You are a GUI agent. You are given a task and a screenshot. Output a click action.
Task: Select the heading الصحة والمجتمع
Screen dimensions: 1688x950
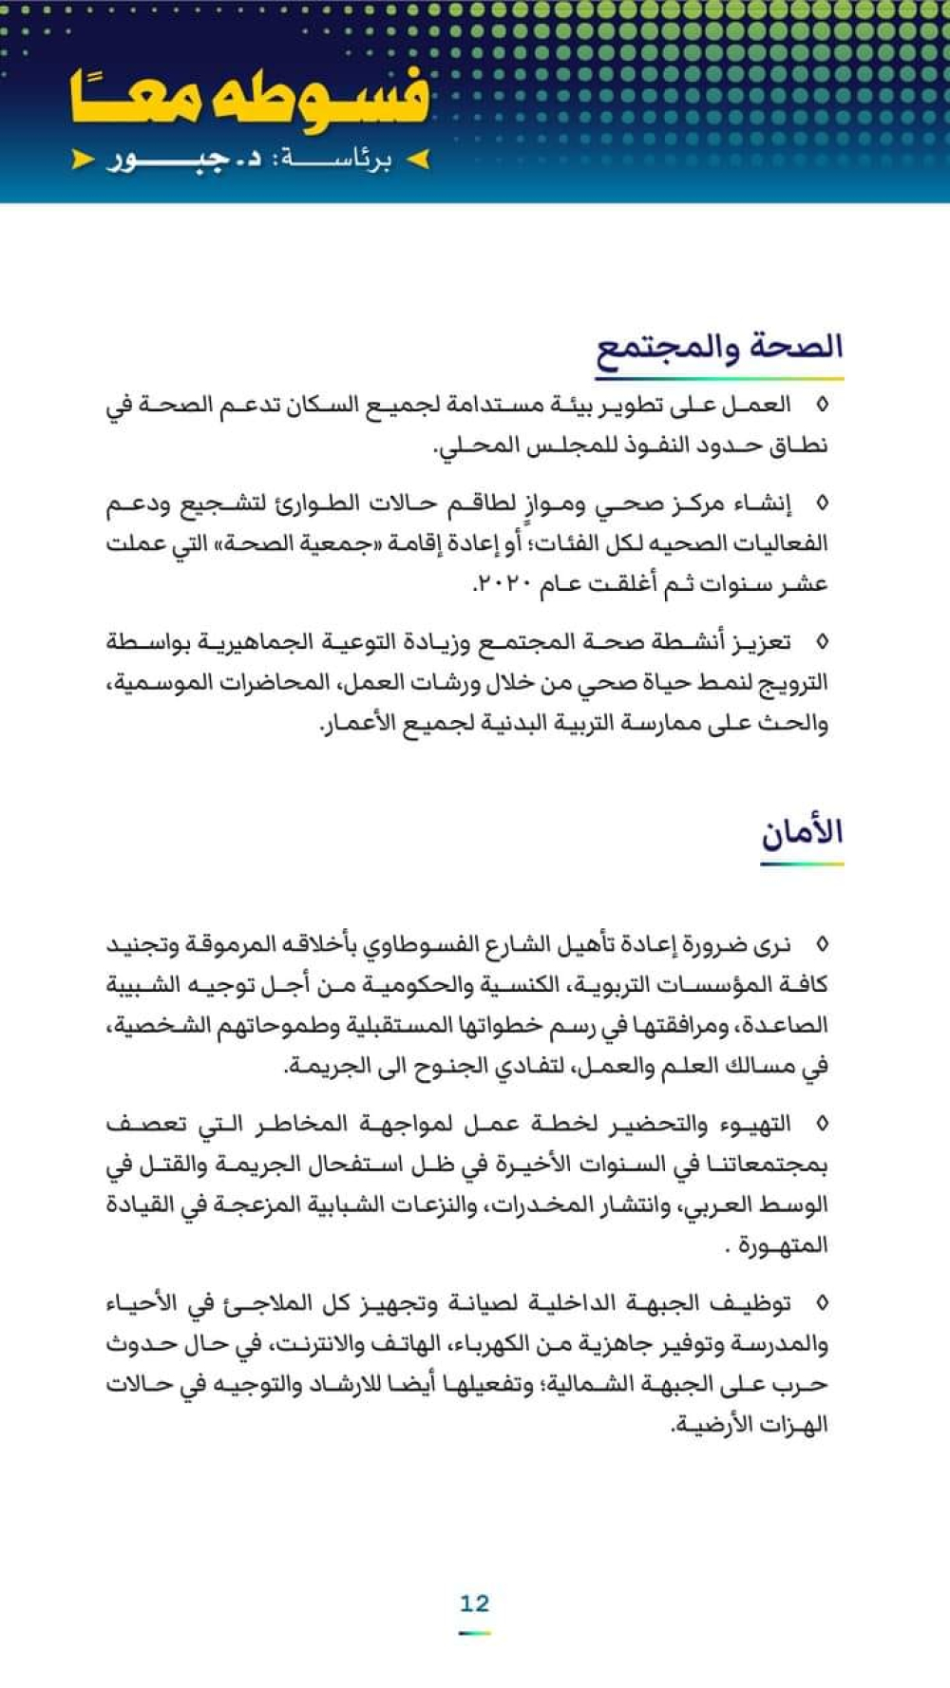719,347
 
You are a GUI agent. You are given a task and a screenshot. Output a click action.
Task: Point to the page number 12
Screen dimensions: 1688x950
474,1603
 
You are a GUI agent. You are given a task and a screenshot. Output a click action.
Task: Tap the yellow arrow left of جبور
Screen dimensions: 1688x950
83,160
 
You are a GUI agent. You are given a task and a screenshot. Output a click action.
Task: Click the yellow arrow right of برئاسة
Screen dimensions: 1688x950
418,160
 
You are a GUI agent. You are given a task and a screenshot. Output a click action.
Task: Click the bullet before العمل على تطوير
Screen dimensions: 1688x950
822,406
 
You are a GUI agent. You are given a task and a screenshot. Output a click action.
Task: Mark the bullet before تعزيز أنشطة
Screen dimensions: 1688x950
822,642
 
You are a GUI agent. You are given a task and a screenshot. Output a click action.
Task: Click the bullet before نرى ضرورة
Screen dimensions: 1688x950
822,944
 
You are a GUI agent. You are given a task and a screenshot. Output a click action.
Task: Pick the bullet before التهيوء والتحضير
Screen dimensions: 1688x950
822,1125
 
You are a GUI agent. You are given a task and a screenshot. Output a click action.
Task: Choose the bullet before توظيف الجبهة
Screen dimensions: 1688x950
822,1303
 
